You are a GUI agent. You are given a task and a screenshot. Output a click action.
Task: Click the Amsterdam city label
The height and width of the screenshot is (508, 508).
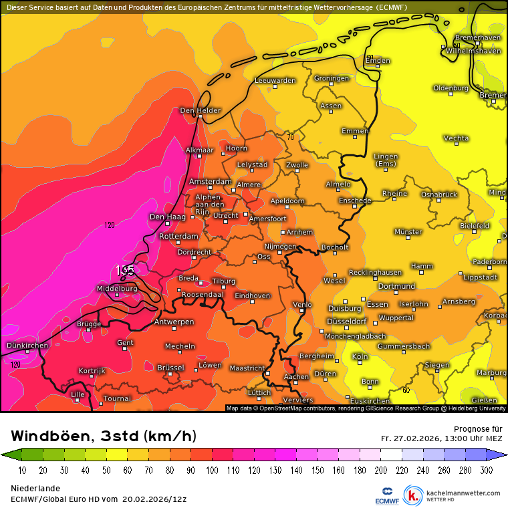pos(210,182)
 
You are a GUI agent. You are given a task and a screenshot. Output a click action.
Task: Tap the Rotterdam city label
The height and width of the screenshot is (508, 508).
pos(179,236)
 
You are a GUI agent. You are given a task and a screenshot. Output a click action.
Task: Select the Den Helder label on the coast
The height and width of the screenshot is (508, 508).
pos(201,110)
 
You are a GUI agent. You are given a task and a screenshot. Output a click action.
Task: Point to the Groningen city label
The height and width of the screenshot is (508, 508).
pos(332,78)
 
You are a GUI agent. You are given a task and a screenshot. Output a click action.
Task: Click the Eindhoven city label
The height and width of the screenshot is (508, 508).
pos(253,295)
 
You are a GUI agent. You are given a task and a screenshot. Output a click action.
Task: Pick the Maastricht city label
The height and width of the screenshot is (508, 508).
pos(247,368)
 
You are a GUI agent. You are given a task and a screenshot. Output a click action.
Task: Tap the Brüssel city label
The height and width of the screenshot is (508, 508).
pos(170,368)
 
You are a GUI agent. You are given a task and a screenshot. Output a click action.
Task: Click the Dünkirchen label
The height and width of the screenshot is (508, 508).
pos(27,346)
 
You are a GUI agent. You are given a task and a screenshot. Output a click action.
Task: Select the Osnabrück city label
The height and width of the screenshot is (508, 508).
pos(438,195)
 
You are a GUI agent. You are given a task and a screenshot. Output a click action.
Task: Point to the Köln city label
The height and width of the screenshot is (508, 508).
pos(360,357)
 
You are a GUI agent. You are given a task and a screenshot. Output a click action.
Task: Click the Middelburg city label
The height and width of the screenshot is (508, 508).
pos(117,289)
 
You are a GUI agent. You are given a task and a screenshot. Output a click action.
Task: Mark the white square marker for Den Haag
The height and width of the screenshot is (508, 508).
pos(167,224)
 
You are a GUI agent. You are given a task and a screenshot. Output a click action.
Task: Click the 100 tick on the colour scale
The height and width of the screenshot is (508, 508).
pos(212,471)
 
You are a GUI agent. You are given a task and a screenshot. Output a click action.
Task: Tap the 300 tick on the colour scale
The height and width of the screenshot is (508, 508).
pos(487,471)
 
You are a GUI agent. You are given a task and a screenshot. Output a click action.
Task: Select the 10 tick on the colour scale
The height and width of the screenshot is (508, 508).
pos(22,471)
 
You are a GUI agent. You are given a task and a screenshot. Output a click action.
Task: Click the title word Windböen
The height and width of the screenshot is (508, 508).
pos(51,436)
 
